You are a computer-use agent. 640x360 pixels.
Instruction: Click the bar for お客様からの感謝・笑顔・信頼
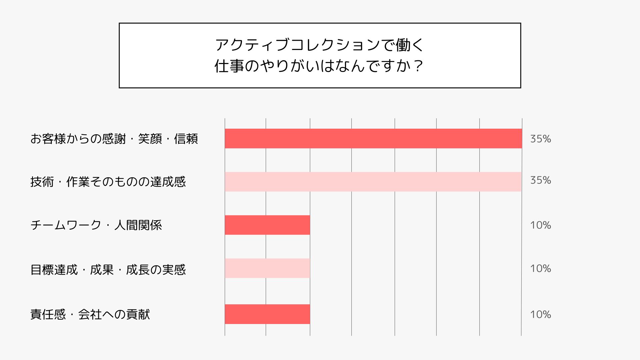coord(373,138)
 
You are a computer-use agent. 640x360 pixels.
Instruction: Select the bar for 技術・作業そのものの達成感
coord(373,182)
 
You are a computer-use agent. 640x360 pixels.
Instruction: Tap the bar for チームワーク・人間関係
coord(267,225)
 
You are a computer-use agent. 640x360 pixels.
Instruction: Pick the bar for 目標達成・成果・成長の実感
coord(267,268)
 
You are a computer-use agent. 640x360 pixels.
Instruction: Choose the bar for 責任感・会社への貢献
coord(267,314)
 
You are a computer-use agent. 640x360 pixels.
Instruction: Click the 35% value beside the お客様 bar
coord(540,139)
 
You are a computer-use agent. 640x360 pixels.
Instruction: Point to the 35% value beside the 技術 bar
coord(540,180)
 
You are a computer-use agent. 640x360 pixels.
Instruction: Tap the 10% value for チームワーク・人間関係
coord(540,225)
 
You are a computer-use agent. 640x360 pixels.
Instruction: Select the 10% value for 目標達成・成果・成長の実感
coord(540,269)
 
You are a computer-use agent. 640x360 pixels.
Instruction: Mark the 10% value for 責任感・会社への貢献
coord(540,314)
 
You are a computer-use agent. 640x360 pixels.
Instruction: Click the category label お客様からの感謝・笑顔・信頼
coord(114,139)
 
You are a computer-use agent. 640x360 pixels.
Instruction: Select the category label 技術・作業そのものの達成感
coord(108,182)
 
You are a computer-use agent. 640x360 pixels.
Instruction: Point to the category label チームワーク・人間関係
coord(96,225)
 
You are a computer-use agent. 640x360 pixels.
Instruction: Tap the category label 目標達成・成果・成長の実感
coord(108,269)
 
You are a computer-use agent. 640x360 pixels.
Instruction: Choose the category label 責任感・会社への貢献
coord(90,314)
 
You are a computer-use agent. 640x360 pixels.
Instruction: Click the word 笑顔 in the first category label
coord(150,139)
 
